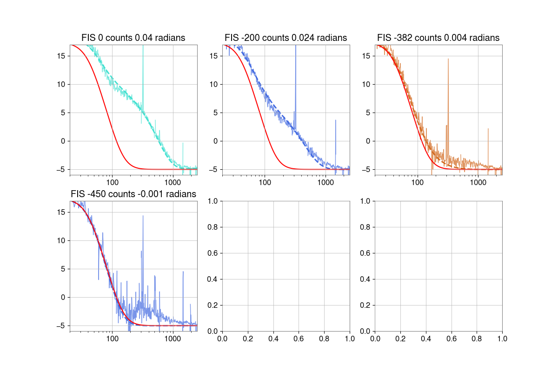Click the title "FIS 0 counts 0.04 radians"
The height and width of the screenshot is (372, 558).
(133, 38)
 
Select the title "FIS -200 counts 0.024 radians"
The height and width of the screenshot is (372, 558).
(286, 38)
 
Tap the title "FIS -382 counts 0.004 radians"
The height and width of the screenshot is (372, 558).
(438, 38)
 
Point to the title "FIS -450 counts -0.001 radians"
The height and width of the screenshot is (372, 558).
(133, 194)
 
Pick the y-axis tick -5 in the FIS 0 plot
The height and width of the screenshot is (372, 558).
(60, 169)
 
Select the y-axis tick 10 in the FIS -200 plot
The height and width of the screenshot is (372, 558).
(214, 84)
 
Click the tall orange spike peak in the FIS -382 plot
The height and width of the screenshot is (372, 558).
(448, 59)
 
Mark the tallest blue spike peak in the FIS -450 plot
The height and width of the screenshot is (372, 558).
(143, 216)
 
